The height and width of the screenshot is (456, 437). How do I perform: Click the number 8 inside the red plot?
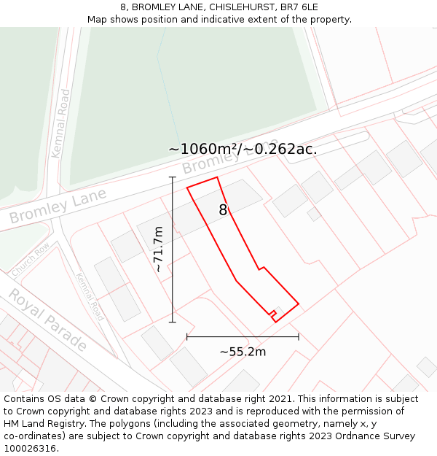pyautogui.click(x=224, y=210)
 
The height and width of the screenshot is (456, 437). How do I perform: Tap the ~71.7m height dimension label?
pyautogui.click(x=158, y=250)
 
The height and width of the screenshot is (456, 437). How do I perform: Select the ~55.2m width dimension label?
pyautogui.click(x=243, y=352)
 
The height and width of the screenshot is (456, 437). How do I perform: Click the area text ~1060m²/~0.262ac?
pyautogui.click(x=243, y=149)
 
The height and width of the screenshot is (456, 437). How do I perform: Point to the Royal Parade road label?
pyautogui.click(x=47, y=320)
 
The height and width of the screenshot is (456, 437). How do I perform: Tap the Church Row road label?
pyautogui.click(x=31, y=259)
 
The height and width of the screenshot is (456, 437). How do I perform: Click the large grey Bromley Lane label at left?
pyautogui.click(x=58, y=206)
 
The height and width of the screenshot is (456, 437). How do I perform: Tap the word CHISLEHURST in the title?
pyautogui.click(x=231, y=7)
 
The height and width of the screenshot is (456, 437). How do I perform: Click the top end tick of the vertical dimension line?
pyautogui.click(x=173, y=177)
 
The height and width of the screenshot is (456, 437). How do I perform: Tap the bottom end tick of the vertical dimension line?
pyautogui.click(x=173, y=322)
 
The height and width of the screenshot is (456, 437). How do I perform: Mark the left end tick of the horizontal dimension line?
pyautogui.click(x=187, y=337)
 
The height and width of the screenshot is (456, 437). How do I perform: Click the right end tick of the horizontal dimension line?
pyautogui.click(x=299, y=337)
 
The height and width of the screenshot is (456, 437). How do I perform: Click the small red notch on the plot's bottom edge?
pyautogui.click(x=272, y=314)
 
